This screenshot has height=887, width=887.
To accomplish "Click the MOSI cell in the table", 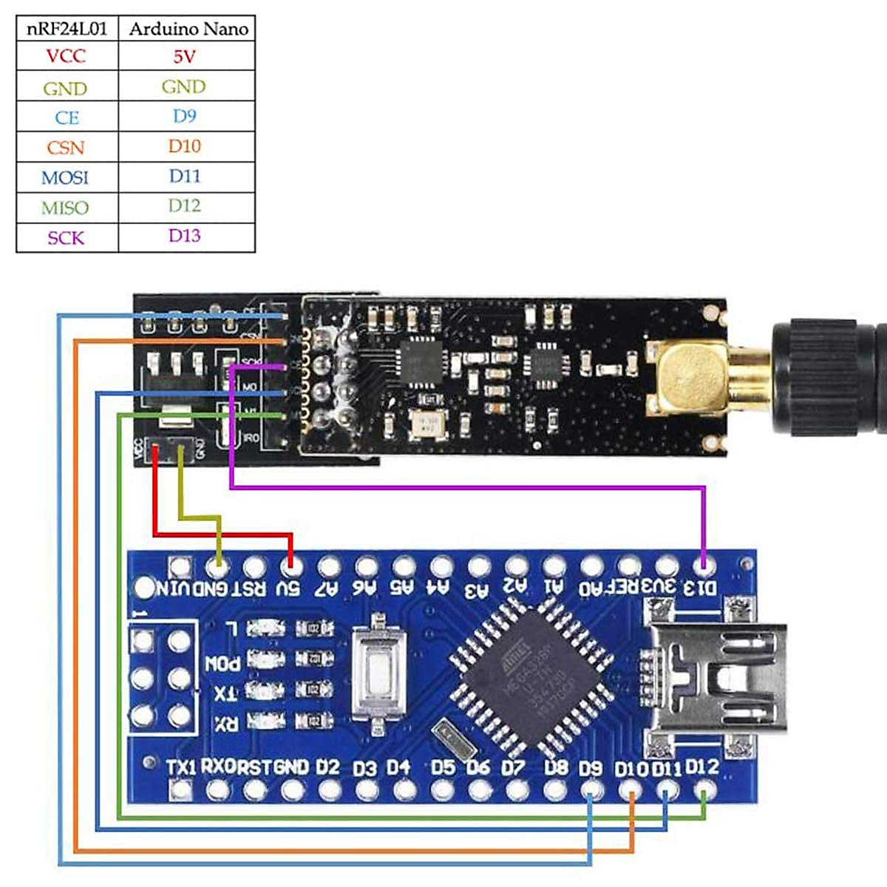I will click(x=65, y=177).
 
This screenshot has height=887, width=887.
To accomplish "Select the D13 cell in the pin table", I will click(x=184, y=236).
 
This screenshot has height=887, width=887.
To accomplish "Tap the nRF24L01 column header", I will click(x=67, y=29).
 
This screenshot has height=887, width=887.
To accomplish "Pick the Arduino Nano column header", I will click(x=188, y=29).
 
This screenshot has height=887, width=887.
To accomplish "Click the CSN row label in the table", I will click(x=66, y=147).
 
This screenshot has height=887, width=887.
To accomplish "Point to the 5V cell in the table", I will click(x=184, y=55).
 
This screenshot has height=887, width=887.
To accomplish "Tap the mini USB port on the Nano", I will click(x=717, y=676).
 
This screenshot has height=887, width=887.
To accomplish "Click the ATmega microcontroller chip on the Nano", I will click(x=529, y=676).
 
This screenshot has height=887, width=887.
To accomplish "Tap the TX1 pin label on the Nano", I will click(x=181, y=767).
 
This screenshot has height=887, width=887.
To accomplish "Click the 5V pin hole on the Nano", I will click(x=291, y=568).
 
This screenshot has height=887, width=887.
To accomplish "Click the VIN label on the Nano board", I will click(x=174, y=589).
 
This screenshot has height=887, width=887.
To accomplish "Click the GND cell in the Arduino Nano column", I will click(x=183, y=86).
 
